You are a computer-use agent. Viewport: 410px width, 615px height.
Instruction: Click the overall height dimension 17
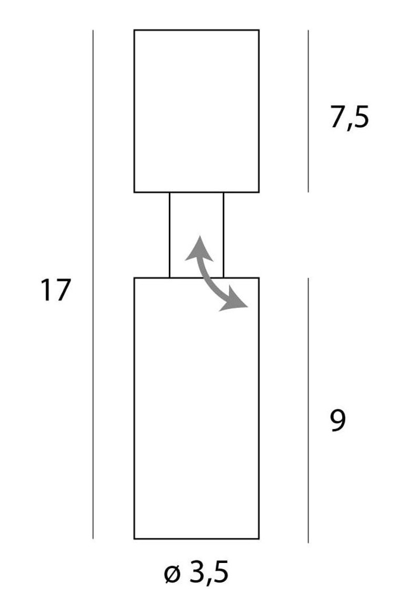55,290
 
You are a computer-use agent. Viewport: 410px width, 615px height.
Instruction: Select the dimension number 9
338,421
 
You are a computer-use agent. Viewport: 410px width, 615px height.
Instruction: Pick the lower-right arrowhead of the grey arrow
234,303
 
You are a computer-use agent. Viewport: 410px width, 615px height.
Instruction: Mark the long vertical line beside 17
93,284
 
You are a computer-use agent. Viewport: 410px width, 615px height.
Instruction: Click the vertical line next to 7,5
308,111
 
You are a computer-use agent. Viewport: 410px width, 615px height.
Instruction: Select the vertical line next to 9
308,410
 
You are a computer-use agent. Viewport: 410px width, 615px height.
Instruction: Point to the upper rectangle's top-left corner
134,30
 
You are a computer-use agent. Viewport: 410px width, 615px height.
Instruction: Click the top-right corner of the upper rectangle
259,30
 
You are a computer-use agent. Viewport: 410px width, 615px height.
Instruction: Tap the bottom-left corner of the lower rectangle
134,539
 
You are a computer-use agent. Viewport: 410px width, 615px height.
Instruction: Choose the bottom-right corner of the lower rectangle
259,539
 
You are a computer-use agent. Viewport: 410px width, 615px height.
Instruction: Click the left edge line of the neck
169,235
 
